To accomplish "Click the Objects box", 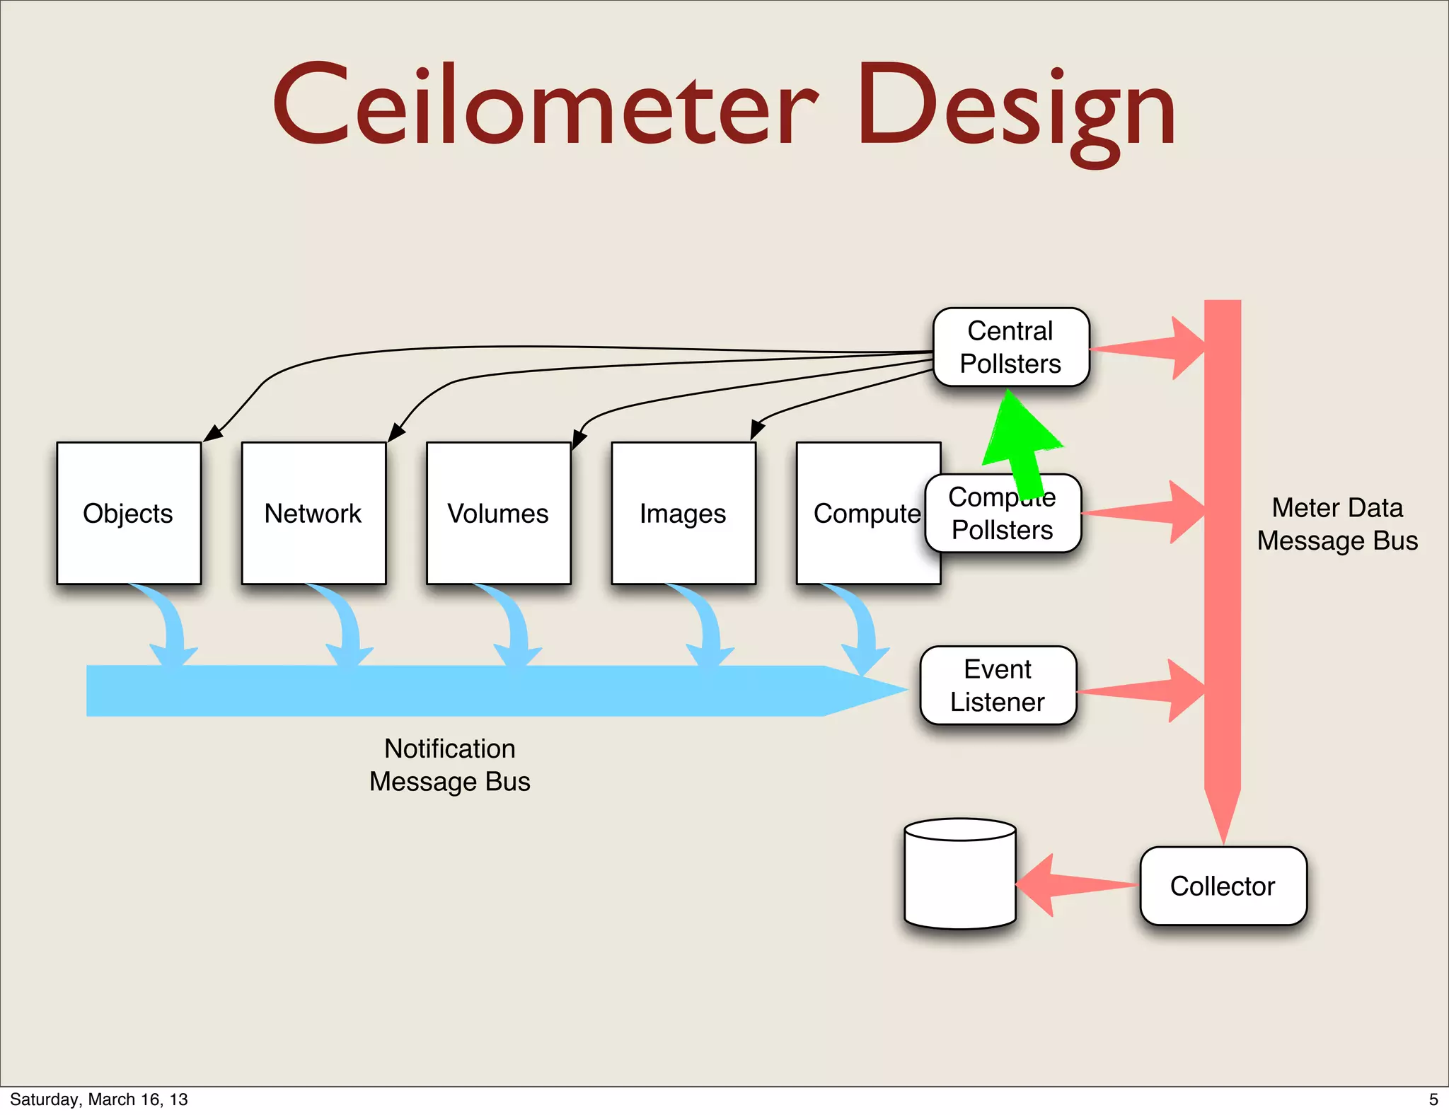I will coord(129,513).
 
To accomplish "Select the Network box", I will coord(313,513).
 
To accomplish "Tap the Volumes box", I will coord(498,513).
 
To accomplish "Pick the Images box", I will coord(683,513).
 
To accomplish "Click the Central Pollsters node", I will coord(1010,347).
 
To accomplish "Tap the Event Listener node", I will coord(998,685).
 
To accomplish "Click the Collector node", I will coord(1223,886).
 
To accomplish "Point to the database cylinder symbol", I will coord(960,874).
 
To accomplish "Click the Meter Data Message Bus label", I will coord(1337,524).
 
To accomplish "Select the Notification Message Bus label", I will coord(449,765).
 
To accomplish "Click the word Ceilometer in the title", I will coord(545,106).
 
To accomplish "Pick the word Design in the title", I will coord(1016,110).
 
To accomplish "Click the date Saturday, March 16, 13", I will coord(98,1099).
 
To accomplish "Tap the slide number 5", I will coord(1433,1099).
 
